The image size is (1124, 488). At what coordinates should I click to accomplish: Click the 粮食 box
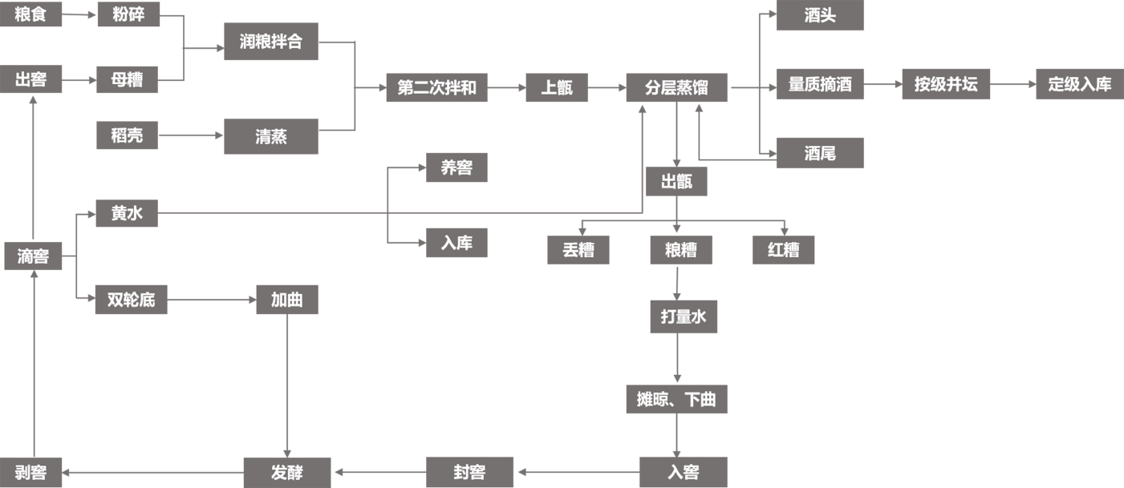coord(30,14)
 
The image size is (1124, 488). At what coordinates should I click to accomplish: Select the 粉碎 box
coord(128,14)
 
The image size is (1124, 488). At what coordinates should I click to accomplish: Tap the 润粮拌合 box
coord(271,42)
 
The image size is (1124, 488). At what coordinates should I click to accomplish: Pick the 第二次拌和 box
coord(436,88)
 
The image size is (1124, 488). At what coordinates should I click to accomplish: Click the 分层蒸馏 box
coord(676,88)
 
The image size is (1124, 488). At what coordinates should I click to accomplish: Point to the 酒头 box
coord(819,15)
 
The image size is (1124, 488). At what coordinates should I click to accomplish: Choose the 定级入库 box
coord(1080,84)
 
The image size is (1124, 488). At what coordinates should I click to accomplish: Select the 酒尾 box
coord(819,153)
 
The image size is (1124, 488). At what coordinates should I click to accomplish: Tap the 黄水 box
coord(127,213)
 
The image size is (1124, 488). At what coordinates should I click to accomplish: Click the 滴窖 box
coord(33,256)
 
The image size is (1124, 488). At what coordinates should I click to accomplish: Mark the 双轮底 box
coord(131,300)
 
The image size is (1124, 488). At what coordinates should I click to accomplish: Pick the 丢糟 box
coord(578,250)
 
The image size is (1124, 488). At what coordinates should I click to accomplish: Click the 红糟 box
coord(783,250)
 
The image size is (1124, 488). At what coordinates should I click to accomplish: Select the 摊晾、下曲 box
coord(676,399)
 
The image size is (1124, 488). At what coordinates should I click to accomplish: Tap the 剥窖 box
coord(30,473)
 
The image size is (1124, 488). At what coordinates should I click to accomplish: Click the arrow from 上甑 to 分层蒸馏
coord(607,88)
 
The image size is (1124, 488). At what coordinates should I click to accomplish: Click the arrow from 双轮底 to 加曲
coord(212,300)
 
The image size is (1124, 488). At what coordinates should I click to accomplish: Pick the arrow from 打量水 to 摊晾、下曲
coord(678,358)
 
